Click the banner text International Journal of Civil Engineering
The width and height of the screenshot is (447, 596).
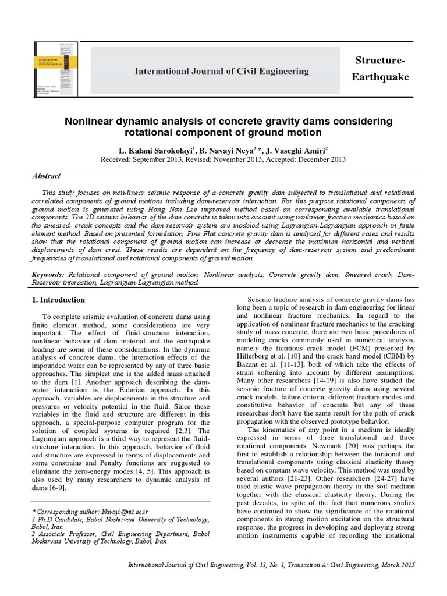pos(222,71)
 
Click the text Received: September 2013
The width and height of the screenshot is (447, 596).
pos(146,159)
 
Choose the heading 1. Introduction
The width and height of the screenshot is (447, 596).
pos(57,300)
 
